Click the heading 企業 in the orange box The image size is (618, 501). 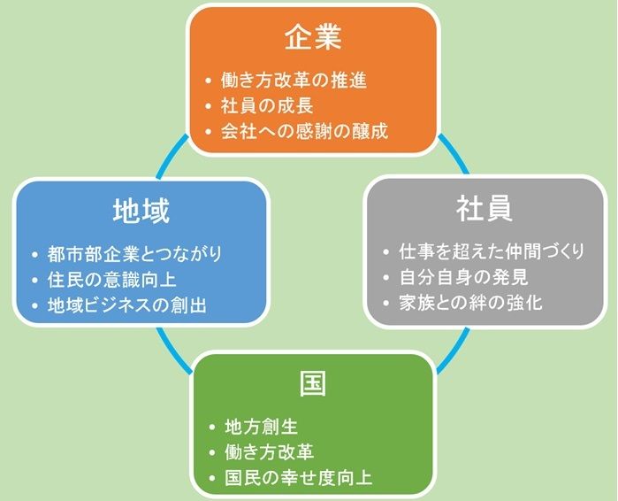(x=313, y=38)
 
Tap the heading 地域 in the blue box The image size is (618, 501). (x=141, y=211)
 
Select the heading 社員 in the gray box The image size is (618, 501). (x=484, y=209)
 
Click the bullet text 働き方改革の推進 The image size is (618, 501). (x=294, y=80)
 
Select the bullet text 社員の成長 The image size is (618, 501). (x=267, y=105)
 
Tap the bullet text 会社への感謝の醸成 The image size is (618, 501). (x=305, y=131)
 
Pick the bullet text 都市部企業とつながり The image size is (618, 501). (x=134, y=254)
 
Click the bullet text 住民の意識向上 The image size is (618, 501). (x=112, y=280)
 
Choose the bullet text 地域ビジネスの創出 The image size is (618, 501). (x=127, y=305)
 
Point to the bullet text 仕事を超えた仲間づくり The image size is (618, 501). (x=492, y=251)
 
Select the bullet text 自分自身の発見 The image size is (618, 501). (x=463, y=277)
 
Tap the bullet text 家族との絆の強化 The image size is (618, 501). (x=471, y=303)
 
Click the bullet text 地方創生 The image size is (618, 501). (x=262, y=427)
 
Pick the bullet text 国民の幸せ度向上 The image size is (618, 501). (x=298, y=478)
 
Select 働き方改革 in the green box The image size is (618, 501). (x=269, y=452)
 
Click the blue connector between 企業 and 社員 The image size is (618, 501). (x=454, y=153)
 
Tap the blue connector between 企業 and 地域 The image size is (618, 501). (x=172, y=157)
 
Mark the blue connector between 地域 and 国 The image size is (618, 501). (x=174, y=350)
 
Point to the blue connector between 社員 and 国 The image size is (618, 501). (x=454, y=350)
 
